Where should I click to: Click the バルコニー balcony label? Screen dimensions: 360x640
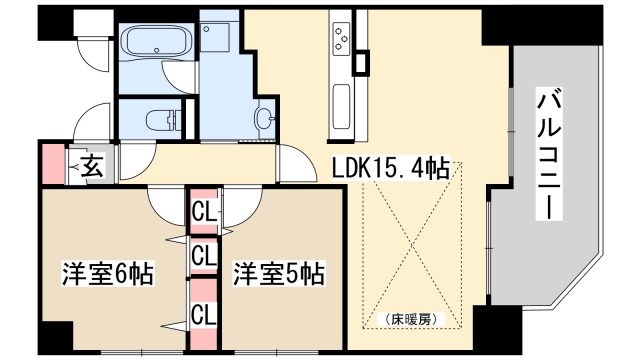[551, 154]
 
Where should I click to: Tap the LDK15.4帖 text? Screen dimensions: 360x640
[390, 169]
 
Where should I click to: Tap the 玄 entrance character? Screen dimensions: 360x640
[91, 165]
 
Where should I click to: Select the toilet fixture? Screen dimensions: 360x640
[161, 121]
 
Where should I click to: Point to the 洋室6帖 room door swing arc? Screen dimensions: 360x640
[164, 202]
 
